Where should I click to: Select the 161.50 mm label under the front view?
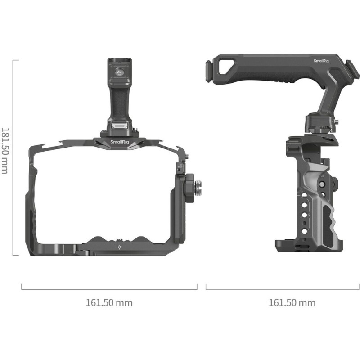[x=109, y=302]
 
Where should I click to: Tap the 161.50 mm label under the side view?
[x=292, y=302]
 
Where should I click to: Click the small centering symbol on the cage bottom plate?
[x=119, y=247]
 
